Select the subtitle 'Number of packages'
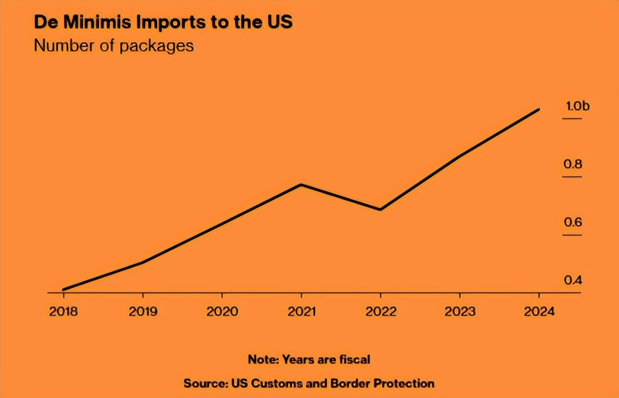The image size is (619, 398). (114, 45)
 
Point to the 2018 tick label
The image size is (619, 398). (64, 312)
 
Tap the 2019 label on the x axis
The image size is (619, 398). (143, 312)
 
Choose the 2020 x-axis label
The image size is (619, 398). (222, 312)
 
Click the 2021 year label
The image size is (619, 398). (302, 312)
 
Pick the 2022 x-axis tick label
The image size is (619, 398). (380, 312)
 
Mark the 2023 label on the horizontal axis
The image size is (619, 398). (460, 312)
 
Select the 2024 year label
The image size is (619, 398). (539, 312)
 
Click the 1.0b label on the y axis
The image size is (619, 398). (574, 106)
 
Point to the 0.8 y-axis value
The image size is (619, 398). (573, 164)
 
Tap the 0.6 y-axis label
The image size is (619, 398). (573, 222)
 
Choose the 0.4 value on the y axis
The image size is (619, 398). (573, 280)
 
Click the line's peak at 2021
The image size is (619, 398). (302, 184)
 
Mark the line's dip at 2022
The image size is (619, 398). (380, 210)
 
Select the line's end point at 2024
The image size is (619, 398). (539, 110)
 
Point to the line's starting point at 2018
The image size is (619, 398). (64, 290)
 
